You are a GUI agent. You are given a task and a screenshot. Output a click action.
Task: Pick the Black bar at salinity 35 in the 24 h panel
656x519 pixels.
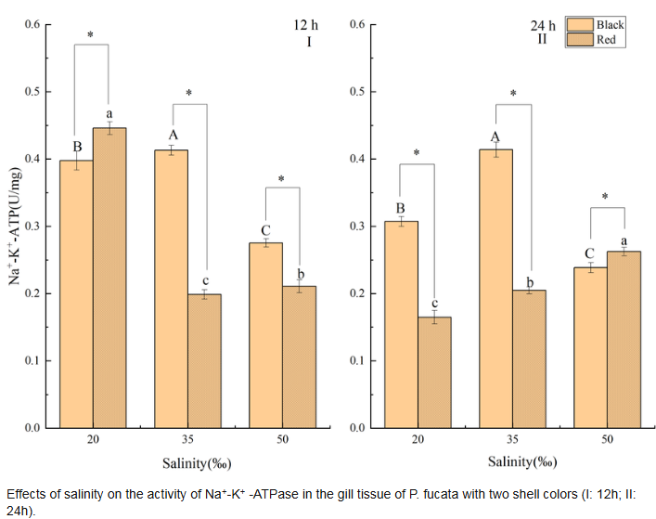click(x=495, y=289)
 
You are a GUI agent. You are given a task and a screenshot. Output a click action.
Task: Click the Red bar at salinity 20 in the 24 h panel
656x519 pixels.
click(x=434, y=372)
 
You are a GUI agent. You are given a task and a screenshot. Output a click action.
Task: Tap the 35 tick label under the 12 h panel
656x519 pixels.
click(x=187, y=442)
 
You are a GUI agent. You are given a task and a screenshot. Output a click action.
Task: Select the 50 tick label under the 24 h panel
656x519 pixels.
click(x=607, y=442)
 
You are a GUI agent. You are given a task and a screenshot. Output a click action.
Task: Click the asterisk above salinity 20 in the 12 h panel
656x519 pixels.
click(x=91, y=35)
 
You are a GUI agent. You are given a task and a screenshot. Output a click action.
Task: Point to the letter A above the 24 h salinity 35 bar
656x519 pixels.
click(x=495, y=136)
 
